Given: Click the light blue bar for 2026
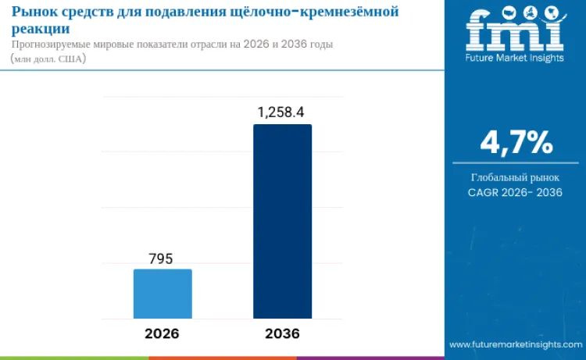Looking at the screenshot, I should click(x=163, y=294).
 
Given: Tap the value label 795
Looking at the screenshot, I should click(x=160, y=258).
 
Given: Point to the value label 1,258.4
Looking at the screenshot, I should click(x=280, y=112).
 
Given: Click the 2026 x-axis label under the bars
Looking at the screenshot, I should click(x=162, y=333).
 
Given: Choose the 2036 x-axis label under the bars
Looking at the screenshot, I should click(x=282, y=333).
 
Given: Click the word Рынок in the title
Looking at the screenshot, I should click(x=32, y=12).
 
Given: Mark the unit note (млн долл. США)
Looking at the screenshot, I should click(x=48, y=59).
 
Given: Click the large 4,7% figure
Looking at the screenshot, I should click(x=516, y=142).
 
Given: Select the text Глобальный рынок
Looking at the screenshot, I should click(x=515, y=177).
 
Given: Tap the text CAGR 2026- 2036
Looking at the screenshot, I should click(x=515, y=192).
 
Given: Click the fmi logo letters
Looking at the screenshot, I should click(x=515, y=30).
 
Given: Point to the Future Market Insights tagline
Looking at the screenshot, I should click(x=515, y=58).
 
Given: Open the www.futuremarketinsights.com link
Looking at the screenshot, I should click(x=516, y=344).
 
